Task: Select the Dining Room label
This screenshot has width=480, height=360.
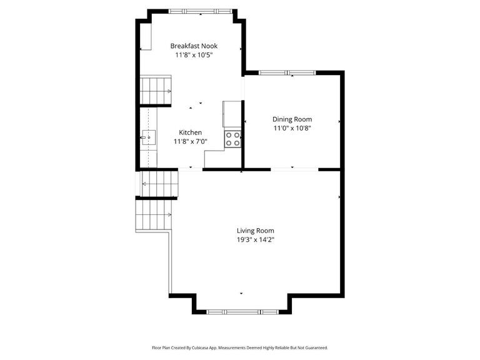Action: (292, 119)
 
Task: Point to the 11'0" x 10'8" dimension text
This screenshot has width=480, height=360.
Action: (292, 128)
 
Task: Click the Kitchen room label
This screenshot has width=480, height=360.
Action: (190, 132)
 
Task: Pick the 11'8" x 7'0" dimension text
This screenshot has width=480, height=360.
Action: (190, 142)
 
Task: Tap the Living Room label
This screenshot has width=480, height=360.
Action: (255, 231)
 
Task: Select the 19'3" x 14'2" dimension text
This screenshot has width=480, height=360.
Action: (255, 239)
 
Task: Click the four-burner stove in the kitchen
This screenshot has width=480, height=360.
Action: (233, 139)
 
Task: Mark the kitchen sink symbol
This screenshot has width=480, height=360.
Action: (147, 136)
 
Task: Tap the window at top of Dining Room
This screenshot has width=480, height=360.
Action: (287, 73)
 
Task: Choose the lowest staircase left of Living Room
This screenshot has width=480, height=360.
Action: (154, 214)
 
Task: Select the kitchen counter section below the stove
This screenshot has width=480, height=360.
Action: (222, 159)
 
